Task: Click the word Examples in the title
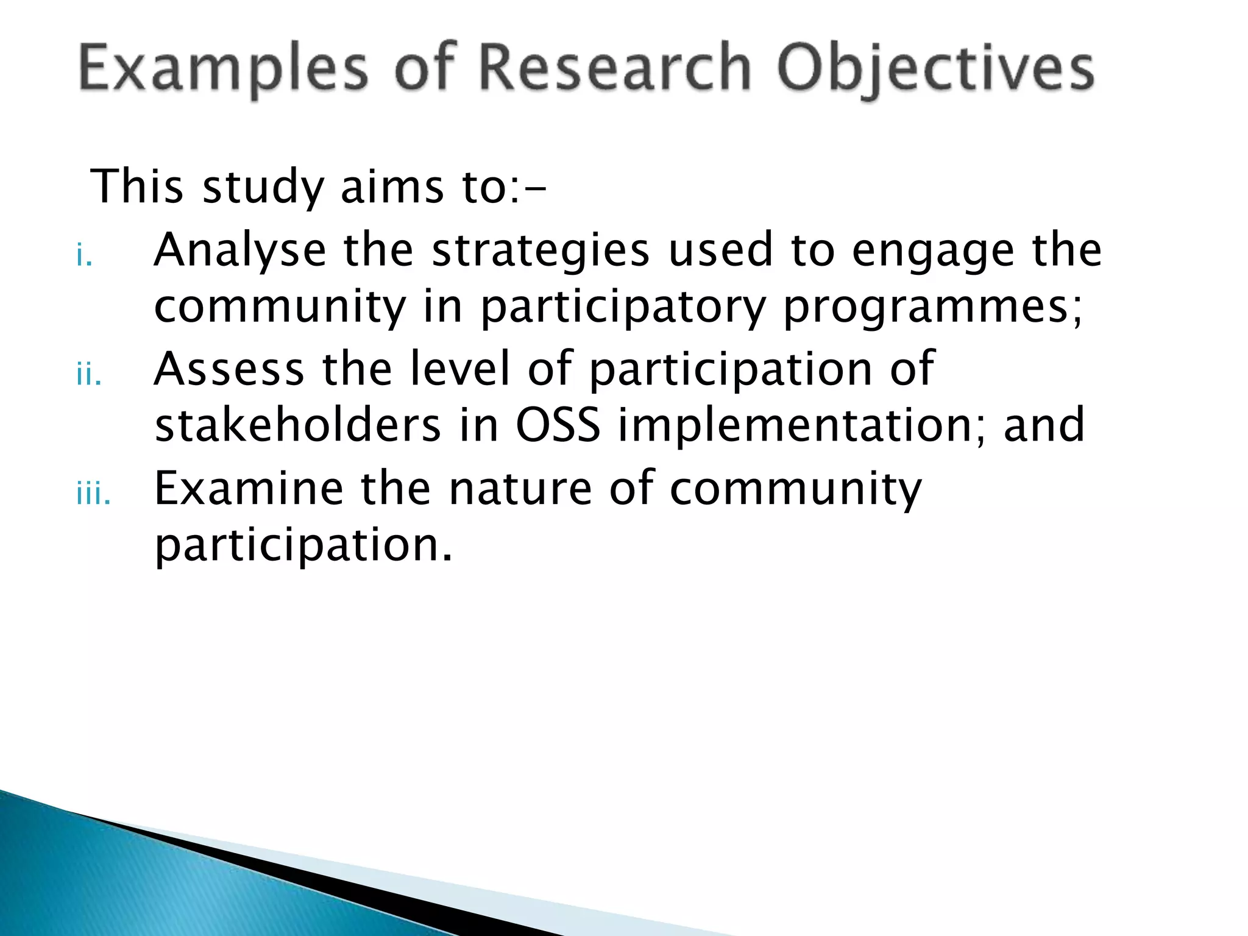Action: (224, 68)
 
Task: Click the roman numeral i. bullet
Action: (84, 256)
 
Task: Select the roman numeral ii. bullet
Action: (89, 375)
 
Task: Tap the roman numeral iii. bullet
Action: (94, 495)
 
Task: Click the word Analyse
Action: (239, 250)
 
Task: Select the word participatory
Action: (623, 308)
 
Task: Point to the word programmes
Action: (931, 308)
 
